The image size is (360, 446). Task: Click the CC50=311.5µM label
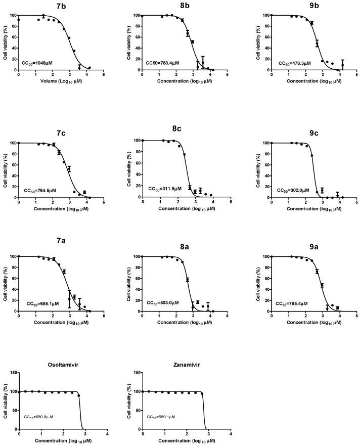point(165,189)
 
